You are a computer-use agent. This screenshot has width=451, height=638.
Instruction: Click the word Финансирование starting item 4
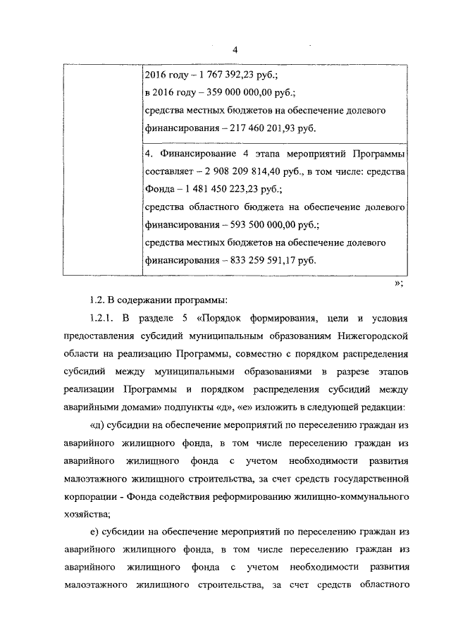tap(196, 152)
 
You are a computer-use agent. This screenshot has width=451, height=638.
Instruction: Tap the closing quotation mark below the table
tap(397, 282)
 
